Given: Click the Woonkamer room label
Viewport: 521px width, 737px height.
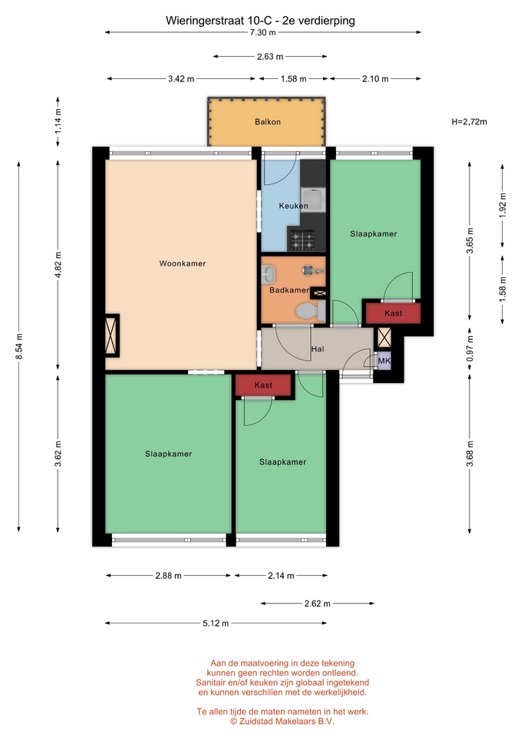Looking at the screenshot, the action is tap(183, 263).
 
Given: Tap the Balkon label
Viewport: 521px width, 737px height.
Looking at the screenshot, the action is tap(268, 122).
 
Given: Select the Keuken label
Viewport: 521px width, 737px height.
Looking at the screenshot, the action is tap(294, 206).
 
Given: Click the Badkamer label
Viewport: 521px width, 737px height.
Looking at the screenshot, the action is tap(289, 290).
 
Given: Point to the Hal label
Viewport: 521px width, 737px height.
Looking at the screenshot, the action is tap(318, 349).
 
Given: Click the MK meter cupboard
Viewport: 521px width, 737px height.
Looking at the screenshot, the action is tap(384, 361).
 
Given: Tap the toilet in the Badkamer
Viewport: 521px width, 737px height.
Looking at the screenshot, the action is tap(310, 311).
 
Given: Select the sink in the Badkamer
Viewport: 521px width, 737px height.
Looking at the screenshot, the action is tap(269, 273).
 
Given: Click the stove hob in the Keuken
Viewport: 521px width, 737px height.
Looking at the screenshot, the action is tap(302, 240).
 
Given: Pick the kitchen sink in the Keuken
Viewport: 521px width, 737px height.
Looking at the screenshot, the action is tap(313, 200).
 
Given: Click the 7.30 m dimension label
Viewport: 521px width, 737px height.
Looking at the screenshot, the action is tap(263, 32).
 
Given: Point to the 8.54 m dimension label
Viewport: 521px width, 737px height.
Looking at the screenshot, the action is tap(19, 346).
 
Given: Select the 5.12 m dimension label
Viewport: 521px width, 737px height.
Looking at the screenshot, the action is tap(216, 623).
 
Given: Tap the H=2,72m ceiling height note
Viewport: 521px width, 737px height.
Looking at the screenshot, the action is tap(469, 122).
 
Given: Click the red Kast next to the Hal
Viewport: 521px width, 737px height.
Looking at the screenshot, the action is tap(393, 313).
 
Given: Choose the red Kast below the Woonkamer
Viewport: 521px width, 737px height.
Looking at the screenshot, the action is tap(263, 385).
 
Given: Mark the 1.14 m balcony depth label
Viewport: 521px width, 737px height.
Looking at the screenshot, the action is tap(58, 121).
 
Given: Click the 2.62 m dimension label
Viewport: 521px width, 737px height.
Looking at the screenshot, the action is tap(318, 603).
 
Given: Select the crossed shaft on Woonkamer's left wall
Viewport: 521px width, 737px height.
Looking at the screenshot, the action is tap(111, 335).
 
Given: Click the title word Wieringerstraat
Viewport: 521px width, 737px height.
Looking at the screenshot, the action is tap(204, 21).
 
